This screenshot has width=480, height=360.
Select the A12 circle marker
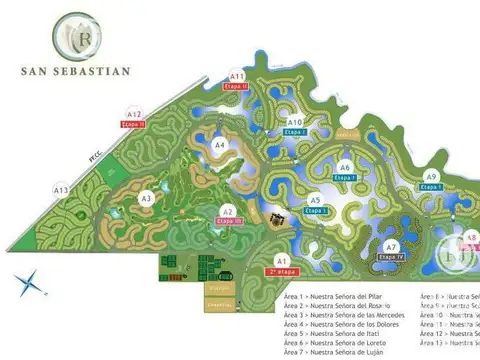[x=134, y=115]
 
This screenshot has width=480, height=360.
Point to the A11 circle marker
[x=238, y=76]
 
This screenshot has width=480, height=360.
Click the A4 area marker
[x=220, y=145]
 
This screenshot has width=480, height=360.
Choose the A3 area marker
[x=146, y=199]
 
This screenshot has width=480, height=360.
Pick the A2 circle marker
[x=228, y=211]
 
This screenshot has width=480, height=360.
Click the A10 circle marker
[x=295, y=122]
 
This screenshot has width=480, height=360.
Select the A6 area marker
[x=345, y=167]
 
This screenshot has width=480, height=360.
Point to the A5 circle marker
[x=315, y=200]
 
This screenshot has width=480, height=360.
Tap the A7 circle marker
[x=392, y=246]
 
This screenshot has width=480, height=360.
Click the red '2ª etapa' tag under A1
[x=284, y=271]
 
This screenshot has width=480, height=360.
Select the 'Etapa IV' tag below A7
[x=392, y=257]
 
